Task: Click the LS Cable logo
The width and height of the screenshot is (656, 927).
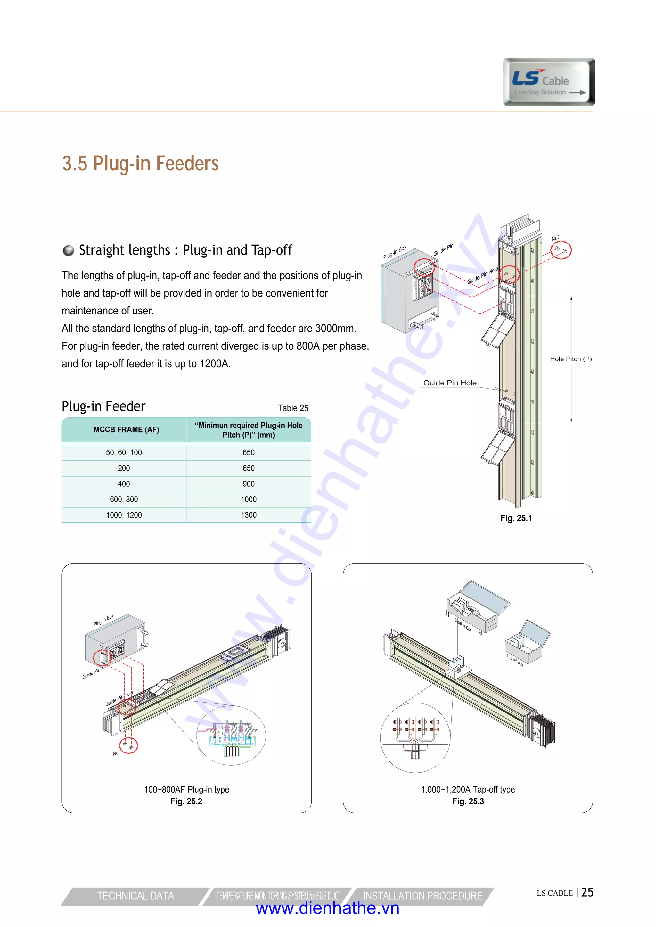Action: pyautogui.click(x=549, y=82)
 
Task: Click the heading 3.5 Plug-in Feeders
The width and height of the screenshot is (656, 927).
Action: pyautogui.click(x=140, y=164)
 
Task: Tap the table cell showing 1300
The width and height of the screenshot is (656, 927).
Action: pyautogui.click(x=249, y=515)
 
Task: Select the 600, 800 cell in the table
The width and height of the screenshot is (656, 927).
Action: pyautogui.click(x=124, y=500)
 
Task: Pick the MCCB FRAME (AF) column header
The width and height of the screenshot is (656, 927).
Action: pyautogui.click(x=126, y=430)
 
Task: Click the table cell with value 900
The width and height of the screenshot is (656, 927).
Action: pyautogui.click(x=249, y=484)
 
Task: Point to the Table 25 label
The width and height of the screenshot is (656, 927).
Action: pyautogui.click(x=293, y=408)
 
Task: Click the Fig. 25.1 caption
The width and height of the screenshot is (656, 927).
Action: pyautogui.click(x=516, y=518)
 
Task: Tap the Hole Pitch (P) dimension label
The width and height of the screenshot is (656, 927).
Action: pyautogui.click(x=570, y=359)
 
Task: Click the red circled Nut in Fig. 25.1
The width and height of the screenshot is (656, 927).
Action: pyautogui.click(x=561, y=250)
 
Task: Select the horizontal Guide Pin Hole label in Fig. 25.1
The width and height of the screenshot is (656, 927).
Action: pyautogui.click(x=450, y=383)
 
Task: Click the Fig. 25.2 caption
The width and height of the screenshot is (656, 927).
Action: pyautogui.click(x=186, y=801)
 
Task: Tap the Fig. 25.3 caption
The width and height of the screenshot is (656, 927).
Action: pyautogui.click(x=468, y=801)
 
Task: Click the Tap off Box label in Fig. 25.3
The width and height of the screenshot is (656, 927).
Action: pyautogui.click(x=515, y=660)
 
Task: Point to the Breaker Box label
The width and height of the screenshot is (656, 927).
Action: pyautogui.click(x=463, y=625)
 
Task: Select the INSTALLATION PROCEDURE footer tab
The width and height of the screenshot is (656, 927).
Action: pyautogui.click(x=422, y=896)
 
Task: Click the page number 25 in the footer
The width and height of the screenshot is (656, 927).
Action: pyautogui.click(x=587, y=893)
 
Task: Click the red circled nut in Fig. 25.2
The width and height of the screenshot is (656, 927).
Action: pyautogui.click(x=128, y=745)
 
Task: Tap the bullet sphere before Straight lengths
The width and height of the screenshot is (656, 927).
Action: pyautogui.click(x=69, y=251)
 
